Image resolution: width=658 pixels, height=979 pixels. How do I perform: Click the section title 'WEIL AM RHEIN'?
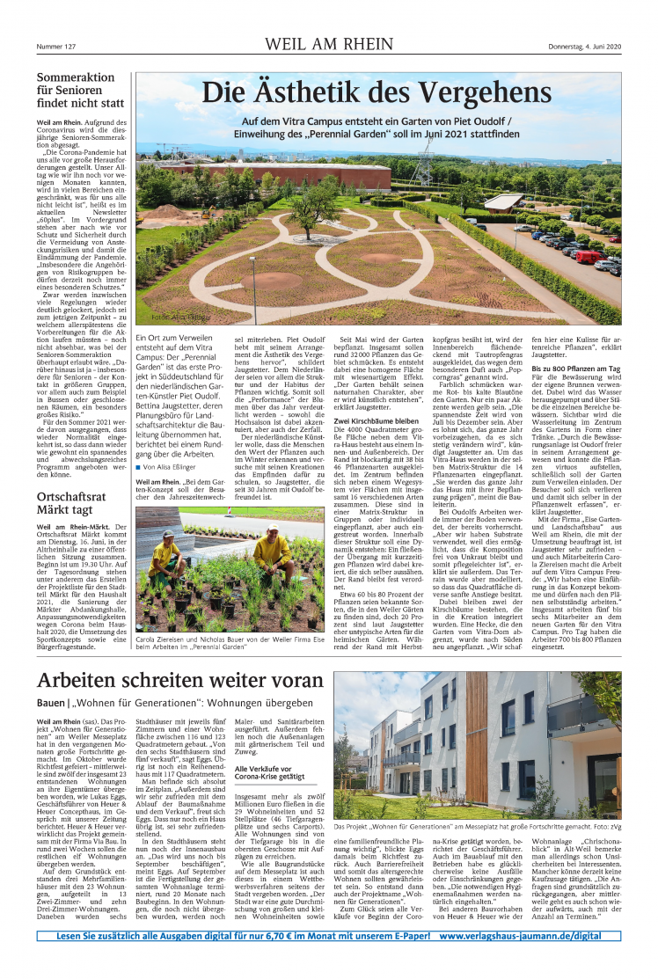pos(328,46)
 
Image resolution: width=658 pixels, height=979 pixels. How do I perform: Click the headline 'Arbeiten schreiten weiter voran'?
pos(181,680)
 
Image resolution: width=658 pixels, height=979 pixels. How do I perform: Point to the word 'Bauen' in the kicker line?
pos(51,705)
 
